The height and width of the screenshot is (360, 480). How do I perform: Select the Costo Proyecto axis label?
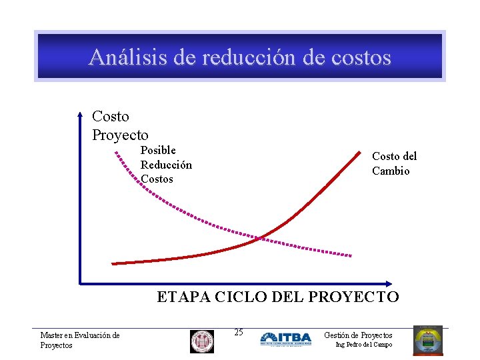point(120,126)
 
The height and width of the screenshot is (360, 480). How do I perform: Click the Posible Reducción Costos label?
point(165,165)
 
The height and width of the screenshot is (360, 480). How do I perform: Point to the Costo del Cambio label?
point(394,163)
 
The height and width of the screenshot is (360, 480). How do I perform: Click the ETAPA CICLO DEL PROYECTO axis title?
point(277,297)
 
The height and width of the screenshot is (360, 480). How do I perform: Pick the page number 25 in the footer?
point(239,332)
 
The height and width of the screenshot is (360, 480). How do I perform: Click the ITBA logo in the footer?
point(285,339)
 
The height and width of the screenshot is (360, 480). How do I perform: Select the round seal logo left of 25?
point(202,341)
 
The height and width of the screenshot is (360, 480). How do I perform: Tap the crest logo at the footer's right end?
point(427,340)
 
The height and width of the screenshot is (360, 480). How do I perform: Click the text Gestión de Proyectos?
point(358,335)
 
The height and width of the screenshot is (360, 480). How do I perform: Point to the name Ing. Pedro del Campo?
point(364,345)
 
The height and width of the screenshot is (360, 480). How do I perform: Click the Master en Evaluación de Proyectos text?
point(79,340)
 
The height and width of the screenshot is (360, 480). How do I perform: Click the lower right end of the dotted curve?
point(351,255)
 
